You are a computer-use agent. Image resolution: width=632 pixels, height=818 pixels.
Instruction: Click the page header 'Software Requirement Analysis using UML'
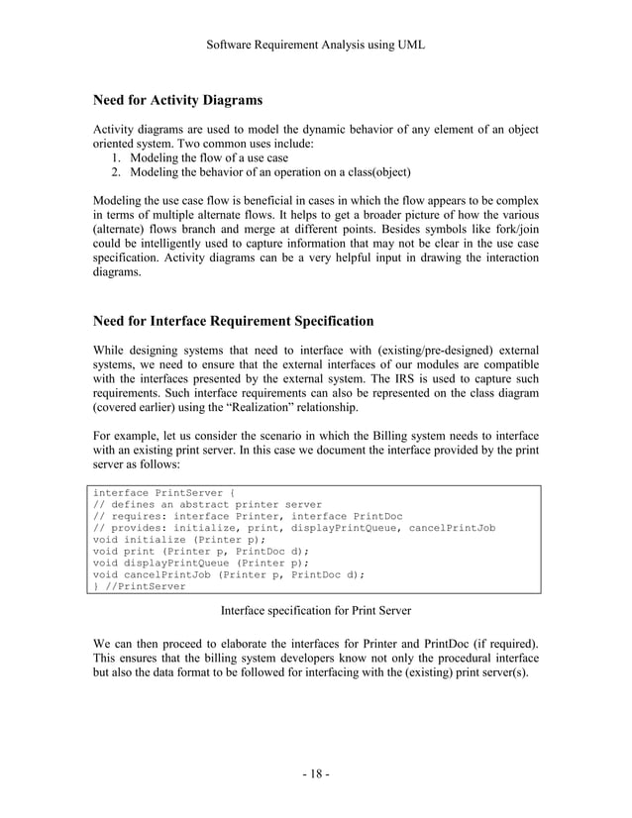coord(315,44)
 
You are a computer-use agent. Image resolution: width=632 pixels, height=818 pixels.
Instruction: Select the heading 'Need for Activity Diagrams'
coord(177,100)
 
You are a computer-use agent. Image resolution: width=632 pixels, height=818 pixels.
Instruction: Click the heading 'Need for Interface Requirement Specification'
coord(233,321)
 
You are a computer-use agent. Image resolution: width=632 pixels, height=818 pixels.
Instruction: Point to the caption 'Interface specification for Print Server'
coord(315,610)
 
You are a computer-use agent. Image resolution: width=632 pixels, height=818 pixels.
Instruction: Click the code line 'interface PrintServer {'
coord(163,491)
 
